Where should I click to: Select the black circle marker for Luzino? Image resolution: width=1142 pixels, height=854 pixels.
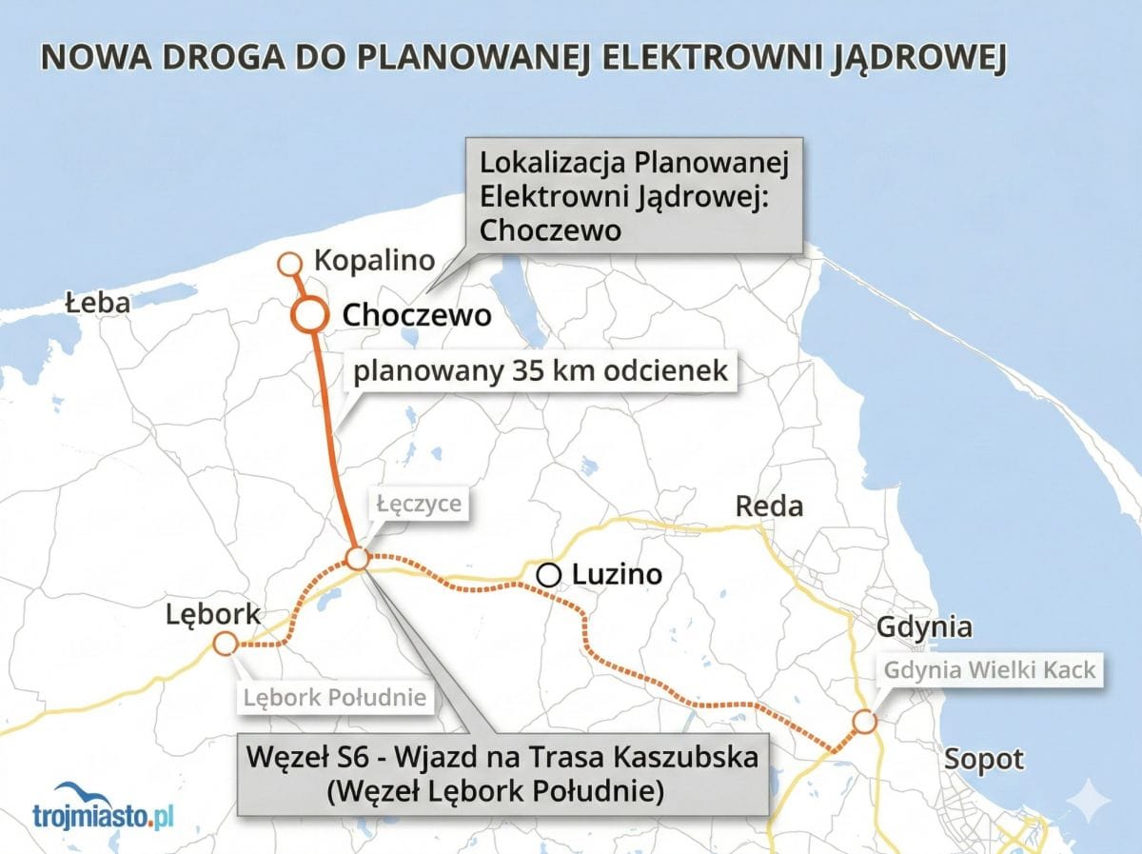click(548, 575)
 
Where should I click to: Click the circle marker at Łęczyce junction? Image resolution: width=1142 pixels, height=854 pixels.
click(357, 558)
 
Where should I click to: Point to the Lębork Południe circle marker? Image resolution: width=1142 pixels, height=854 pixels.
click(226, 645)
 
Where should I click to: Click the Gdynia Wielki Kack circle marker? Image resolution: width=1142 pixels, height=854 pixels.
click(864, 722)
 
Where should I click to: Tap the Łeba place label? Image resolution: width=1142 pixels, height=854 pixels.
click(97, 303)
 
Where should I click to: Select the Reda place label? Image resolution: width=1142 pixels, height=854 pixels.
click(769, 506)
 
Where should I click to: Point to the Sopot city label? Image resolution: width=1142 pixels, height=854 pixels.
click(983, 760)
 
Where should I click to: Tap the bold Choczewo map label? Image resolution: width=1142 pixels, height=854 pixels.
click(416, 315)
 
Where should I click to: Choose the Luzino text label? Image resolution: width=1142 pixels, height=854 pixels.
click(616, 574)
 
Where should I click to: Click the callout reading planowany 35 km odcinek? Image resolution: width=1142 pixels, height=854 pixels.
click(541, 371)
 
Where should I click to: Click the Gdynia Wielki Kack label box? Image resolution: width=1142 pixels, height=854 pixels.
click(990, 670)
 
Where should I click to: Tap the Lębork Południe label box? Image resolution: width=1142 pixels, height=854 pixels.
click(333, 698)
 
